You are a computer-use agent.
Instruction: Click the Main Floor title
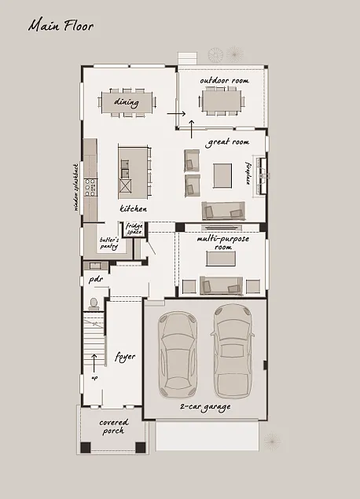click(61, 26)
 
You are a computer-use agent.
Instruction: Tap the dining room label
click(127, 102)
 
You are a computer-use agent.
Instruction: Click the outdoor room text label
click(224, 81)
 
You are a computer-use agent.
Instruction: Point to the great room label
click(227, 142)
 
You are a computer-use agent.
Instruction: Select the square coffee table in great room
click(222, 174)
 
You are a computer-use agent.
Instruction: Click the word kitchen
click(133, 209)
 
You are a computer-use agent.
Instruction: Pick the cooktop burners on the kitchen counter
click(90, 188)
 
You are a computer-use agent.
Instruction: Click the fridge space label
click(134, 229)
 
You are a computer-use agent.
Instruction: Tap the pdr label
click(96, 278)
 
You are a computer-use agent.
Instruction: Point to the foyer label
click(125, 356)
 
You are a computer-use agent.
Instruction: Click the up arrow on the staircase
click(94, 362)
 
